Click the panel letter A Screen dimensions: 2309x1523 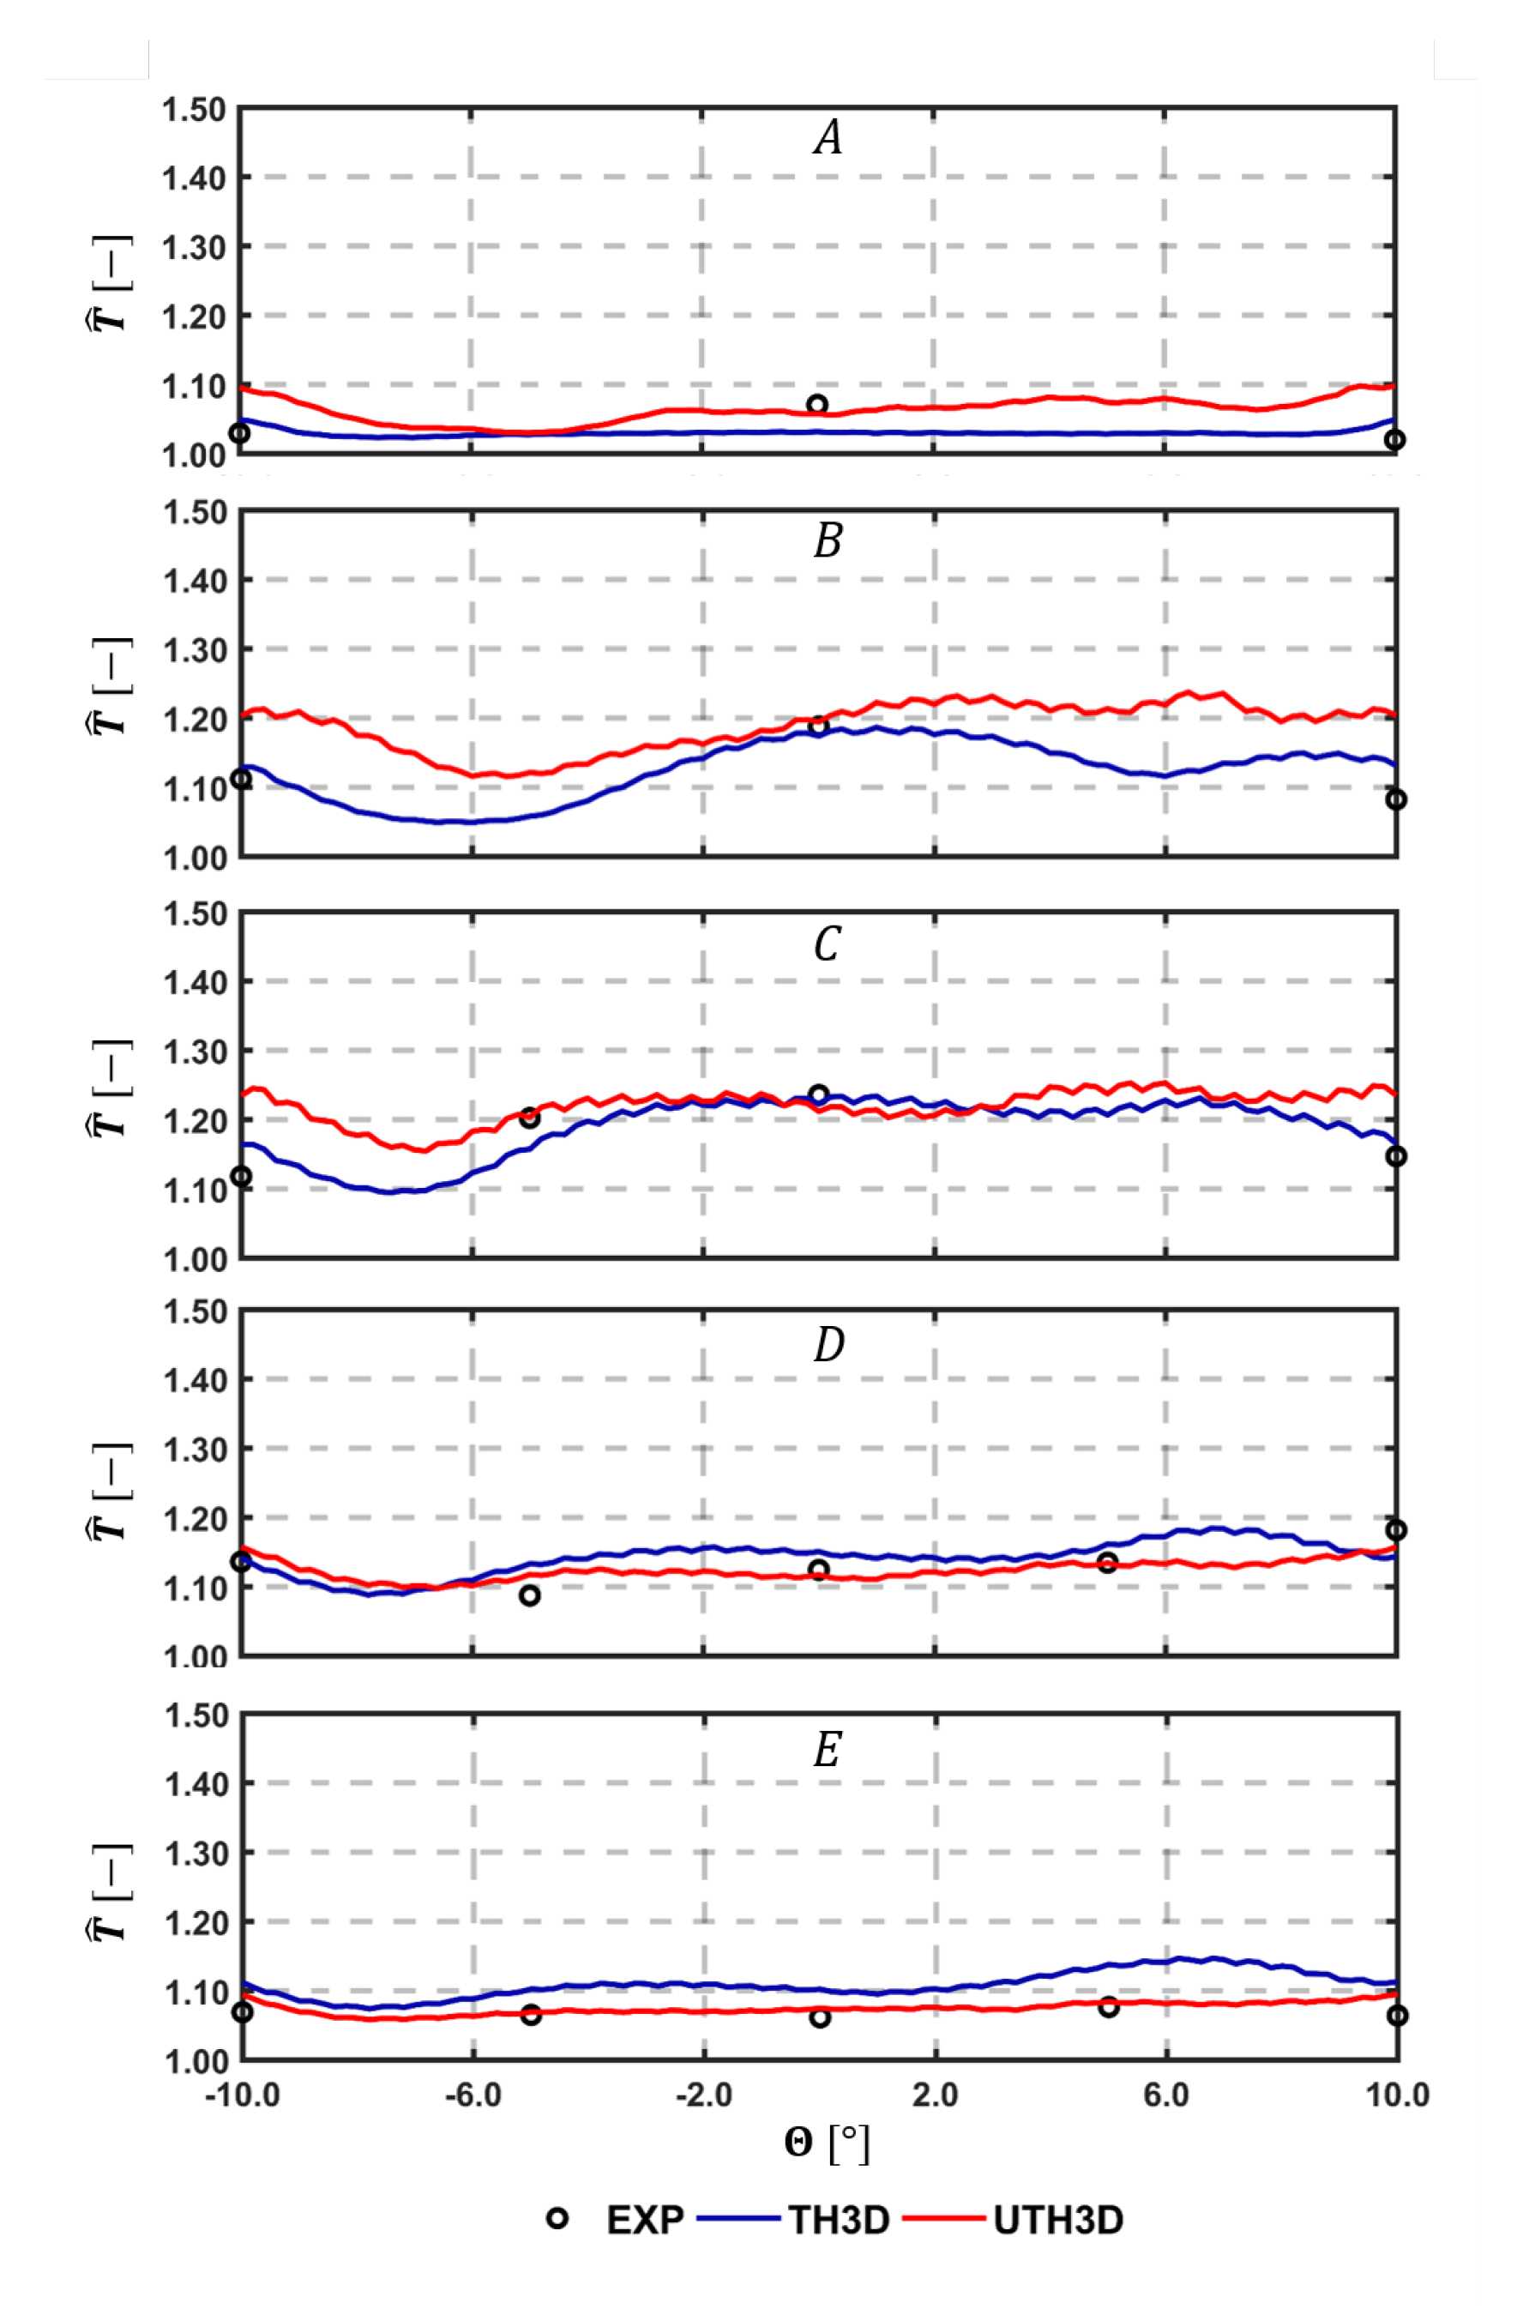coord(828,137)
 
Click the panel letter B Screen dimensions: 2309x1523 coord(828,540)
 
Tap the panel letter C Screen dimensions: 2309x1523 coord(827,943)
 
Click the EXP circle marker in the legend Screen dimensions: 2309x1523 coord(557,2219)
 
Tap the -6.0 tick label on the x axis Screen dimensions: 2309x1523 coord(473,2095)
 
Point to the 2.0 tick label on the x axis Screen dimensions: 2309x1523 coord(935,2095)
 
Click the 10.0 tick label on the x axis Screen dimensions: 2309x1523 coord(1397,2095)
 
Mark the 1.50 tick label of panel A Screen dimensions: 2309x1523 coord(193,111)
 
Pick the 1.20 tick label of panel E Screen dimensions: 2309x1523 coord(193,1923)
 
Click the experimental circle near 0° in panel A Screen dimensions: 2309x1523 coord(818,404)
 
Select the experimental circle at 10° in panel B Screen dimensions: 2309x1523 coord(1396,799)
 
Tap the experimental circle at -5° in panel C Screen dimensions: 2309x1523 coord(529,1118)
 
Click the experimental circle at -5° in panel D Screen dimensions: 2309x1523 coord(529,1595)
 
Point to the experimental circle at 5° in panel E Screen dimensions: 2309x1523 coord(1108,2007)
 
